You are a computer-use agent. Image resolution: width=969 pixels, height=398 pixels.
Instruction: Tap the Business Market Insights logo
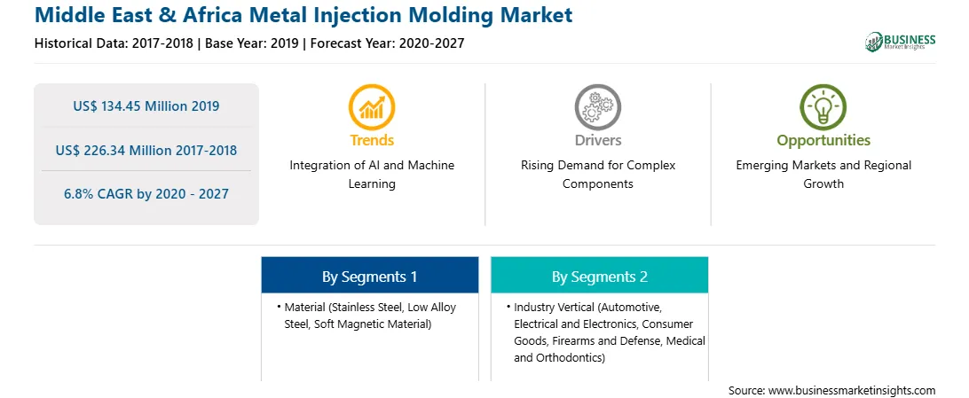[x=901, y=42]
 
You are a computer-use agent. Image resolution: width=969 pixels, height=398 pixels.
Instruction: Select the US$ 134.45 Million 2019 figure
[x=146, y=106]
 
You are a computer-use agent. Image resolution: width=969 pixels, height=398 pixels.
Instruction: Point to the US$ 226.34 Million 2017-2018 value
[x=146, y=150]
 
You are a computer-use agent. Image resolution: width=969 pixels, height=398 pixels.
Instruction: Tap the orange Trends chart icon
[x=372, y=106]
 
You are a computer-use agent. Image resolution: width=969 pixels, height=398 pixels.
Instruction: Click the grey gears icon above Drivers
[x=597, y=106]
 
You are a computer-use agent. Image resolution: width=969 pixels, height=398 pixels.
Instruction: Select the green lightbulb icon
[x=823, y=106]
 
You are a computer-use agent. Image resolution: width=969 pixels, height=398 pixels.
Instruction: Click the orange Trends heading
[x=372, y=140]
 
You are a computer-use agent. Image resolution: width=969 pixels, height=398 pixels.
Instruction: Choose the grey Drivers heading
[x=598, y=140]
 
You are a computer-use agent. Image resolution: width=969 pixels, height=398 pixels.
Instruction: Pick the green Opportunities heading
[x=823, y=141]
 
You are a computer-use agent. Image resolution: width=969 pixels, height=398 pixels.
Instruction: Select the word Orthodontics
[x=570, y=358]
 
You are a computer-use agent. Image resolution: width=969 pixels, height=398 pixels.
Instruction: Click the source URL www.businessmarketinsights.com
[x=852, y=391]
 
